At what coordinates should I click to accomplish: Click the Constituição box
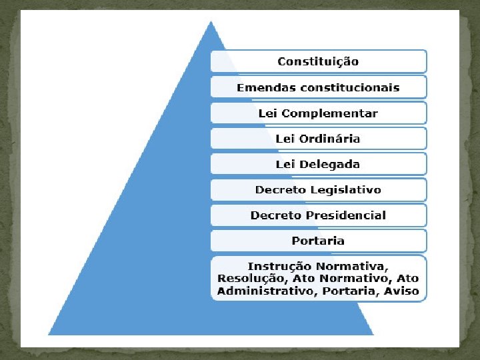click(x=318, y=61)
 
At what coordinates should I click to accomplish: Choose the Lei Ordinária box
click(x=318, y=139)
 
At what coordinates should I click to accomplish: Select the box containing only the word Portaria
click(x=318, y=241)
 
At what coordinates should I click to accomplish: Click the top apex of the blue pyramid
click(x=211, y=22)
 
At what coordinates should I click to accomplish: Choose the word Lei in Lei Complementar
click(x=267, y=113)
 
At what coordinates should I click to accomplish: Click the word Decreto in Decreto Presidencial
click(x=275, y=215)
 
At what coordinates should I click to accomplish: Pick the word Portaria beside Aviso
click(x=348, y=291)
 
